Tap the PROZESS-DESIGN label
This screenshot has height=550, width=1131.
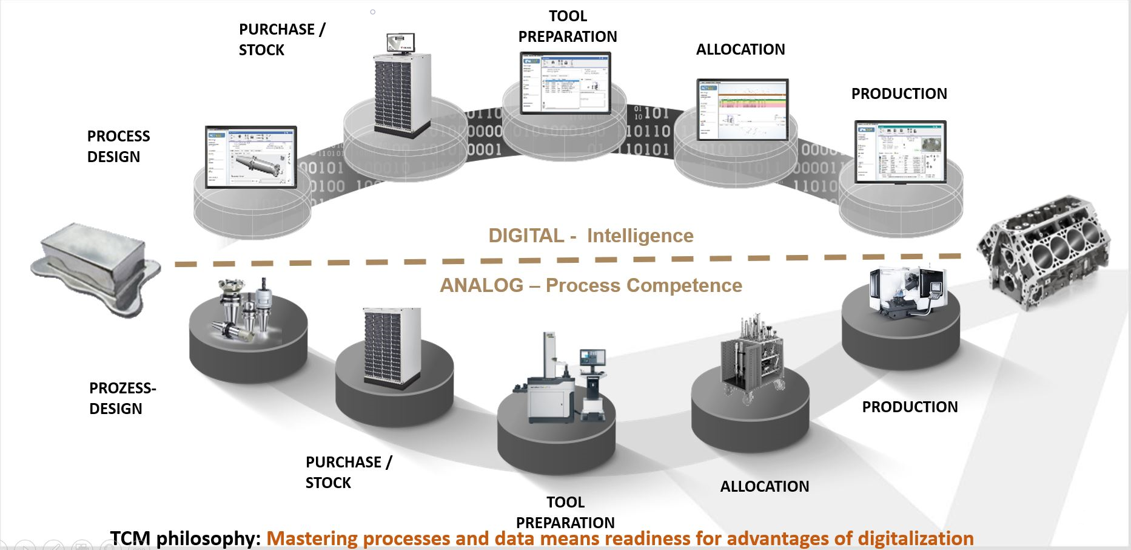(x=122, y=398)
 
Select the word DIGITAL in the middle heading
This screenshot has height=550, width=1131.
(x=526, y=236)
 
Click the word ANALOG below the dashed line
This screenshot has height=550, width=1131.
(x=482, y=285)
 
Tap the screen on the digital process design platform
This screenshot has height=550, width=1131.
(x=250, y=157)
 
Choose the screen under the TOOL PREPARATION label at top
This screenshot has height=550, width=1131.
(x=565, y=83)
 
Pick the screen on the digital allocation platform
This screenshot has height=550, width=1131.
(x=742, y=109)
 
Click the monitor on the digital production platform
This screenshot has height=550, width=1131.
(x=900, y=152)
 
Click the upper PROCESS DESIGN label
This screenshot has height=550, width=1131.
(x=118, y=146)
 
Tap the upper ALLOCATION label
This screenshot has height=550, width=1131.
(x=740, y=49)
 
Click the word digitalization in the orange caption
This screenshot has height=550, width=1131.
(x=910, y=538)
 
